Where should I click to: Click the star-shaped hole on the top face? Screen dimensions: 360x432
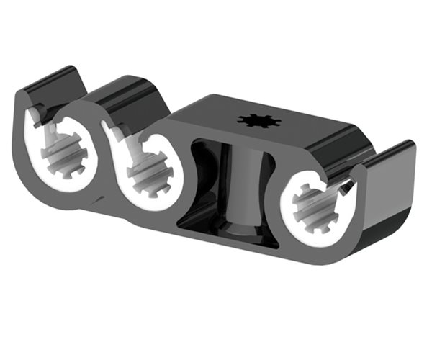click(258, 120)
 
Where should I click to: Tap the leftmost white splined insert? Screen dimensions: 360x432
click(63, 155)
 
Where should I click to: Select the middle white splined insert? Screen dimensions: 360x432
click(148, 171)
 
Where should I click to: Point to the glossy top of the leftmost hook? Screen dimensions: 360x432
click(50, 85)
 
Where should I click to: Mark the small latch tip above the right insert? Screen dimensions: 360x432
click(348, 189)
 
